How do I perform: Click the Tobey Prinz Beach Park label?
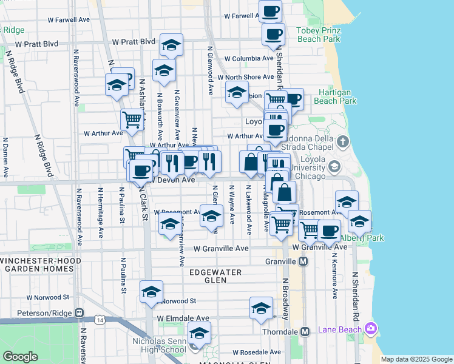pyautogui.click(x=319, y=35)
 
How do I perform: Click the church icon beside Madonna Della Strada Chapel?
pyautogui.click(x=344, y=143)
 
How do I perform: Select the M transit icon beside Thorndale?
pyautogui.click(x=305, y=332)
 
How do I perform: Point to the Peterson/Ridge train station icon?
pyautogui.click(x=79, y=312)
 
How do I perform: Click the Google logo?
pyautogui.click(x=20, y=357)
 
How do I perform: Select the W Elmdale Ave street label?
pyautogui.click(x=183, y=318)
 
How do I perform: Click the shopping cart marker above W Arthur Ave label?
pyautogui.click(x=131, y=118)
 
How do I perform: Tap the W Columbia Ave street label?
pyautogui.click(x=249, y=59)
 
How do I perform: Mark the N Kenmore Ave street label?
pyautogui.click(x=334, y=276)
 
